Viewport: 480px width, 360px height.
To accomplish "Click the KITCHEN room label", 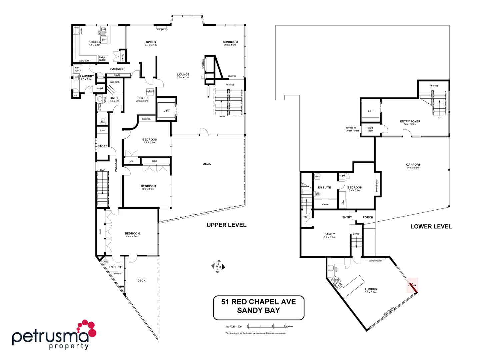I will [95, 42].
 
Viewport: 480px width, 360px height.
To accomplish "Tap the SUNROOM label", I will [230, 42].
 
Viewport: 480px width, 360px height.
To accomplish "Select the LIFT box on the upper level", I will [166, 110].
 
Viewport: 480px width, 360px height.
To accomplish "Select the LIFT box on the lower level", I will [371, 111].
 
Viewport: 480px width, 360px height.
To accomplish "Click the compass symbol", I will [218, 266].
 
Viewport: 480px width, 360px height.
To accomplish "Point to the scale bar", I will [266, 326].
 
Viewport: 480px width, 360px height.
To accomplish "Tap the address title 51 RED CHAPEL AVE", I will [258, 302].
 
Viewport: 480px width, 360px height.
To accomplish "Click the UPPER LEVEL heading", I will [226, 225].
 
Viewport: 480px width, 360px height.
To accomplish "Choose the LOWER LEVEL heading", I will [431, 227].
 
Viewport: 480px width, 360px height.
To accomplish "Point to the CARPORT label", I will [413, 165].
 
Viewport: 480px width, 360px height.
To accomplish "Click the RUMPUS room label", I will [370, 289].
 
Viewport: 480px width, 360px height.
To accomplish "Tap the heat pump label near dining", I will [162, 29].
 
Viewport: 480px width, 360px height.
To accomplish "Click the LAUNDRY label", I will [87, 76].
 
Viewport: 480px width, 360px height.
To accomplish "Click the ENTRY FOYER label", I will [410, 122].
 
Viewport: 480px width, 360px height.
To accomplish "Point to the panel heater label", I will [375, 261].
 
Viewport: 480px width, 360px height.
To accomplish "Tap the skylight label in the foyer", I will [150, 91].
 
